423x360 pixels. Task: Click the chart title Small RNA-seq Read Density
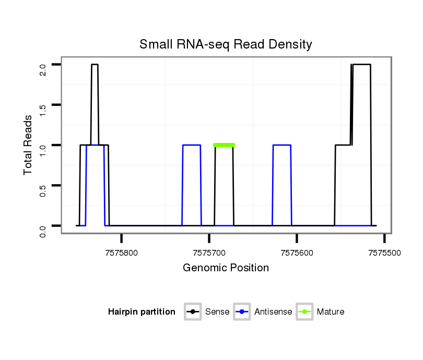226,44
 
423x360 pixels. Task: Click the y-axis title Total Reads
28,145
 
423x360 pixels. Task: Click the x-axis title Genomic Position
226,268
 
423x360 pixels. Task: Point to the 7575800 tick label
122,253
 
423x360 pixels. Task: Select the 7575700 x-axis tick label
209,253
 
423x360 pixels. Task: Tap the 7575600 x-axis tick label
297,253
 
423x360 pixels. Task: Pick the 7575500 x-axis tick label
384,253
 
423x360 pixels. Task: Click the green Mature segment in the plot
224,145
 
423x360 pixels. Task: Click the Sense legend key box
193,312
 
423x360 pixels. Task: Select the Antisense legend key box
242,312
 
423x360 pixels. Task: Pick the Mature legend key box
304,312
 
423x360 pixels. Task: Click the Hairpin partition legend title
142,312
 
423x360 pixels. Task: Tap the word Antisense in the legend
273,312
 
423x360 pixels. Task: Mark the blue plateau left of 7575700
192,145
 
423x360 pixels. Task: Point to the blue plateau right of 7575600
282,145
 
